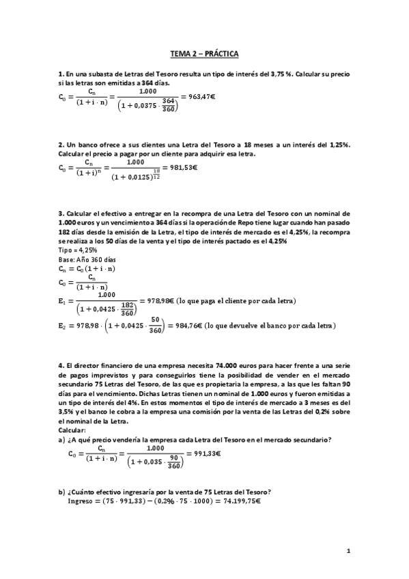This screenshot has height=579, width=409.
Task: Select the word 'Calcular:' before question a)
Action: tap(74, 430)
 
